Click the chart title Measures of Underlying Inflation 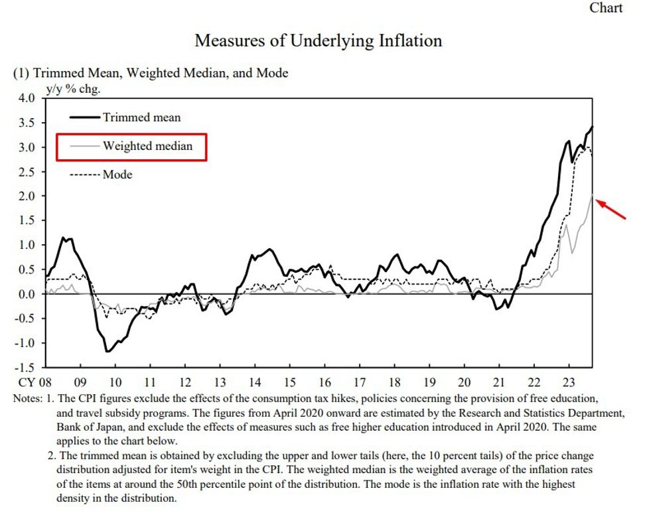point(319,40)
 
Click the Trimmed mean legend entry point(141,117)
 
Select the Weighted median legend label point(147,146)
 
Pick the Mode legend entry point(117,175)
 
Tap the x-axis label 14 point(255,383)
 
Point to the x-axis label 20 point(464,383)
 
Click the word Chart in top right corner point(607,8)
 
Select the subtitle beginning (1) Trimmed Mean point(151,73)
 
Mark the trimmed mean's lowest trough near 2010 point(107,351)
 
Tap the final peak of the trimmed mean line point(592,126)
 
